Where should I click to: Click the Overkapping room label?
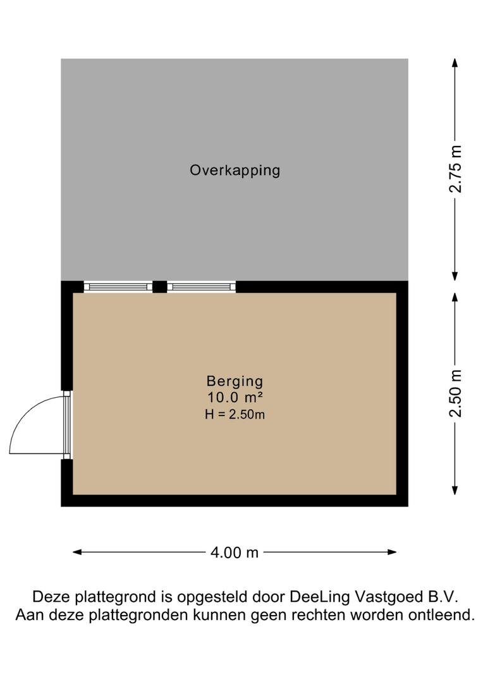point(235,170)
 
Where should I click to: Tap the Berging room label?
point(235,381)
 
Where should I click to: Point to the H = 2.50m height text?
point(235,414)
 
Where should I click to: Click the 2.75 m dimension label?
point(455,169)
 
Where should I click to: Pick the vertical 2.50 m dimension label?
point(455,393)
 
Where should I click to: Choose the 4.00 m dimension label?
point(235,553)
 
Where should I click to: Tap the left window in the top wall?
point(118,287)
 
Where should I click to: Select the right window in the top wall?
point(201,287)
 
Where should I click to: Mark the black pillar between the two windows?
point(160,287)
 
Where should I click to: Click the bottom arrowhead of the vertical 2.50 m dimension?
point(455,491)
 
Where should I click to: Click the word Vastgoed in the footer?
point(384,597)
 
